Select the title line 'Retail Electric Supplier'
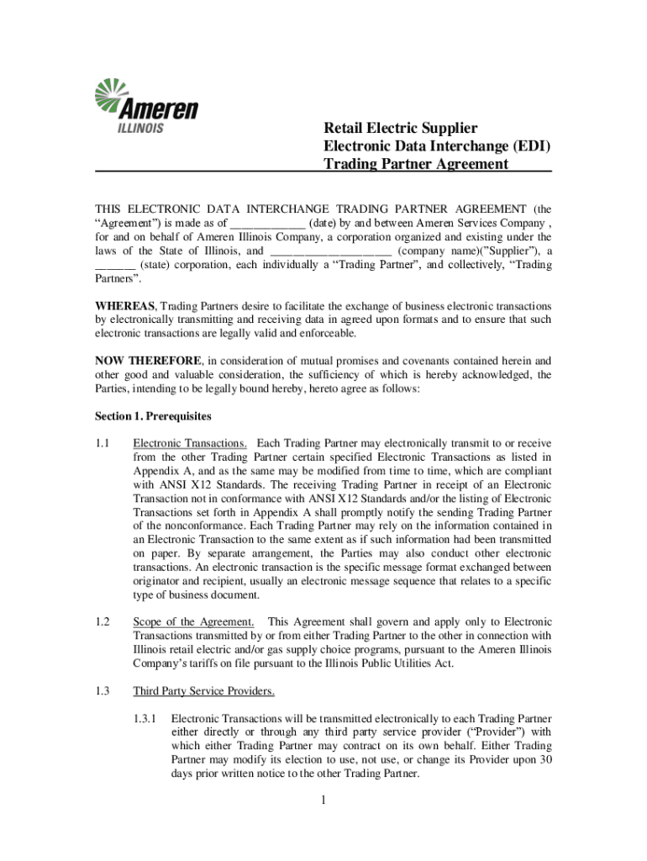(x=401, y=129)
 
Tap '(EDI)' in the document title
(x=530, y=146)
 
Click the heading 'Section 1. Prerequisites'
(x=153, y=416)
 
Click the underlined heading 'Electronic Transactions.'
(x=190, y=443)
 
